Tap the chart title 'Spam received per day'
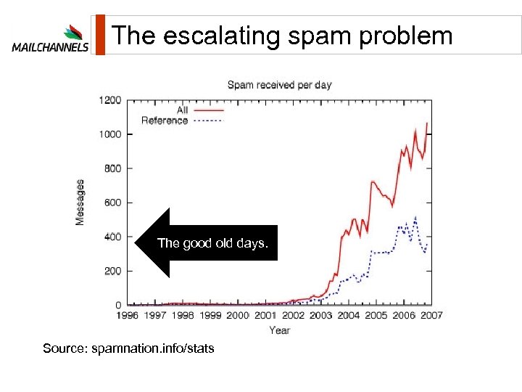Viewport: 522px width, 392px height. [x=279, y=85]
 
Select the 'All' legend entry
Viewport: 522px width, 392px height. [x=182, y=110]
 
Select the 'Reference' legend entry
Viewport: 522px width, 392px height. [x=165, y=121]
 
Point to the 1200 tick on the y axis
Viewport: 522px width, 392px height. [x=110, y=100]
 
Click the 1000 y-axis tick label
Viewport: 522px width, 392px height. [x=110, y=134]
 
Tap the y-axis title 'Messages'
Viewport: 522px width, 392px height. [x=80, y=202]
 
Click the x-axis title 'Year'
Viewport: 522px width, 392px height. [x=279, y=330]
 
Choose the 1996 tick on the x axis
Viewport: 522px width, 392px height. [x=127, y=315]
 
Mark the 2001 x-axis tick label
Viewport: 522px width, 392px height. [x=265, y=315]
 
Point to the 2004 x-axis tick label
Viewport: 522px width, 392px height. [x=349, y=315]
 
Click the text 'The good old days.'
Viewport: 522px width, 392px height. [x=212, y=243]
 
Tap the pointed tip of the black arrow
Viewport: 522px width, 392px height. [x=136, y=243]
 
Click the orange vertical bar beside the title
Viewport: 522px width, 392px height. [x=100, y=35]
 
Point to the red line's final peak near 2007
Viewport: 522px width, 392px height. [x=427, y=123]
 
